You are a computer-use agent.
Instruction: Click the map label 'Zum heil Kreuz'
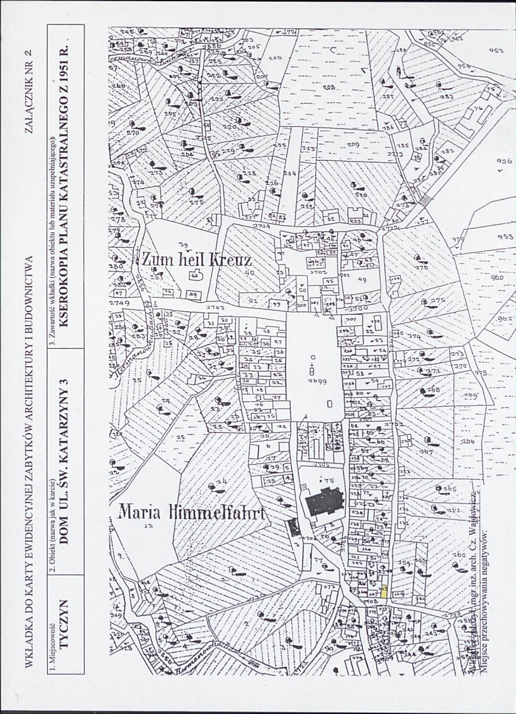197,259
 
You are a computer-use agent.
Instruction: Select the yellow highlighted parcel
385,592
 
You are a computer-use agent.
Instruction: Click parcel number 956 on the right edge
504,161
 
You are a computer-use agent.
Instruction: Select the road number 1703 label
214,307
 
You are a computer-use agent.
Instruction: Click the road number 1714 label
261,226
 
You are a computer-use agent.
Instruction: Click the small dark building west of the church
291,526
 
